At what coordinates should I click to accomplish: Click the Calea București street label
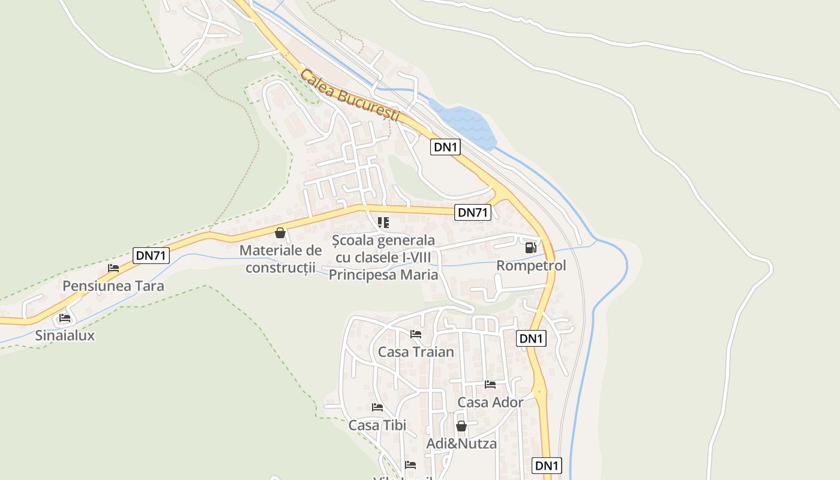click(350, 96)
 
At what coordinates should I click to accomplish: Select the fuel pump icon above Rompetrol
click(530, 247)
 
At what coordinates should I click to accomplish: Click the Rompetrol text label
click(531, 265)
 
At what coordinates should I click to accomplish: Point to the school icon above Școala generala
click(383, 223)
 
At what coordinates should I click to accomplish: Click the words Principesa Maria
click(383, 275)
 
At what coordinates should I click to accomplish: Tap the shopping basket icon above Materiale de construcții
click(280, 233)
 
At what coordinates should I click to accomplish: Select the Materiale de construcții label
click(281, 259)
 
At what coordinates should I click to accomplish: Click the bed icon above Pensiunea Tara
click(113, 268)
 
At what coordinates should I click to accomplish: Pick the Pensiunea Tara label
click(113, 286)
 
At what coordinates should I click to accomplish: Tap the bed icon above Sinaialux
click(65, 317)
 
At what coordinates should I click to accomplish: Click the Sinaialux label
click(65, 335)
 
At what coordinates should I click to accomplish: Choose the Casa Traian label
click(416, 352)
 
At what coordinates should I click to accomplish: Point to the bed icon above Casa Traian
click(416, 334)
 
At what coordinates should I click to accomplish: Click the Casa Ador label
click(490, 402)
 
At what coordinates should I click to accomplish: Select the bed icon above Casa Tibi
click(377, 407)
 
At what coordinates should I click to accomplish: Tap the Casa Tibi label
click(377, 425)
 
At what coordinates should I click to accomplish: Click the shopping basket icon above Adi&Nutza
click(461, 426)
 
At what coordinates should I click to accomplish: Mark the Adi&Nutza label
click(461, 444)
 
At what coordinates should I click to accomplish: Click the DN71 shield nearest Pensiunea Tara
click(151, 256)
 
